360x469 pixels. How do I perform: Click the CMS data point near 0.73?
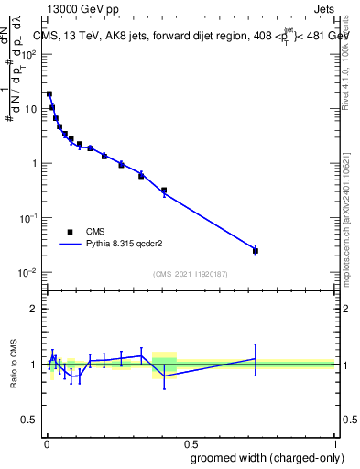coord(256,250)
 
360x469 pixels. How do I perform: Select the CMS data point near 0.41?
coord(164,191)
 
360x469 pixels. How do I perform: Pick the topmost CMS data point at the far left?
coord(49,93)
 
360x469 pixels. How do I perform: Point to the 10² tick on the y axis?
coord(31,53)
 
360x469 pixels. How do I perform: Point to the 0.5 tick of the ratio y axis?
coord(33,420)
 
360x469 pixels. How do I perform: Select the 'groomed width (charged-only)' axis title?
coord(263,457)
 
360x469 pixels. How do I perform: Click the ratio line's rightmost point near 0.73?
coord(256,358)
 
